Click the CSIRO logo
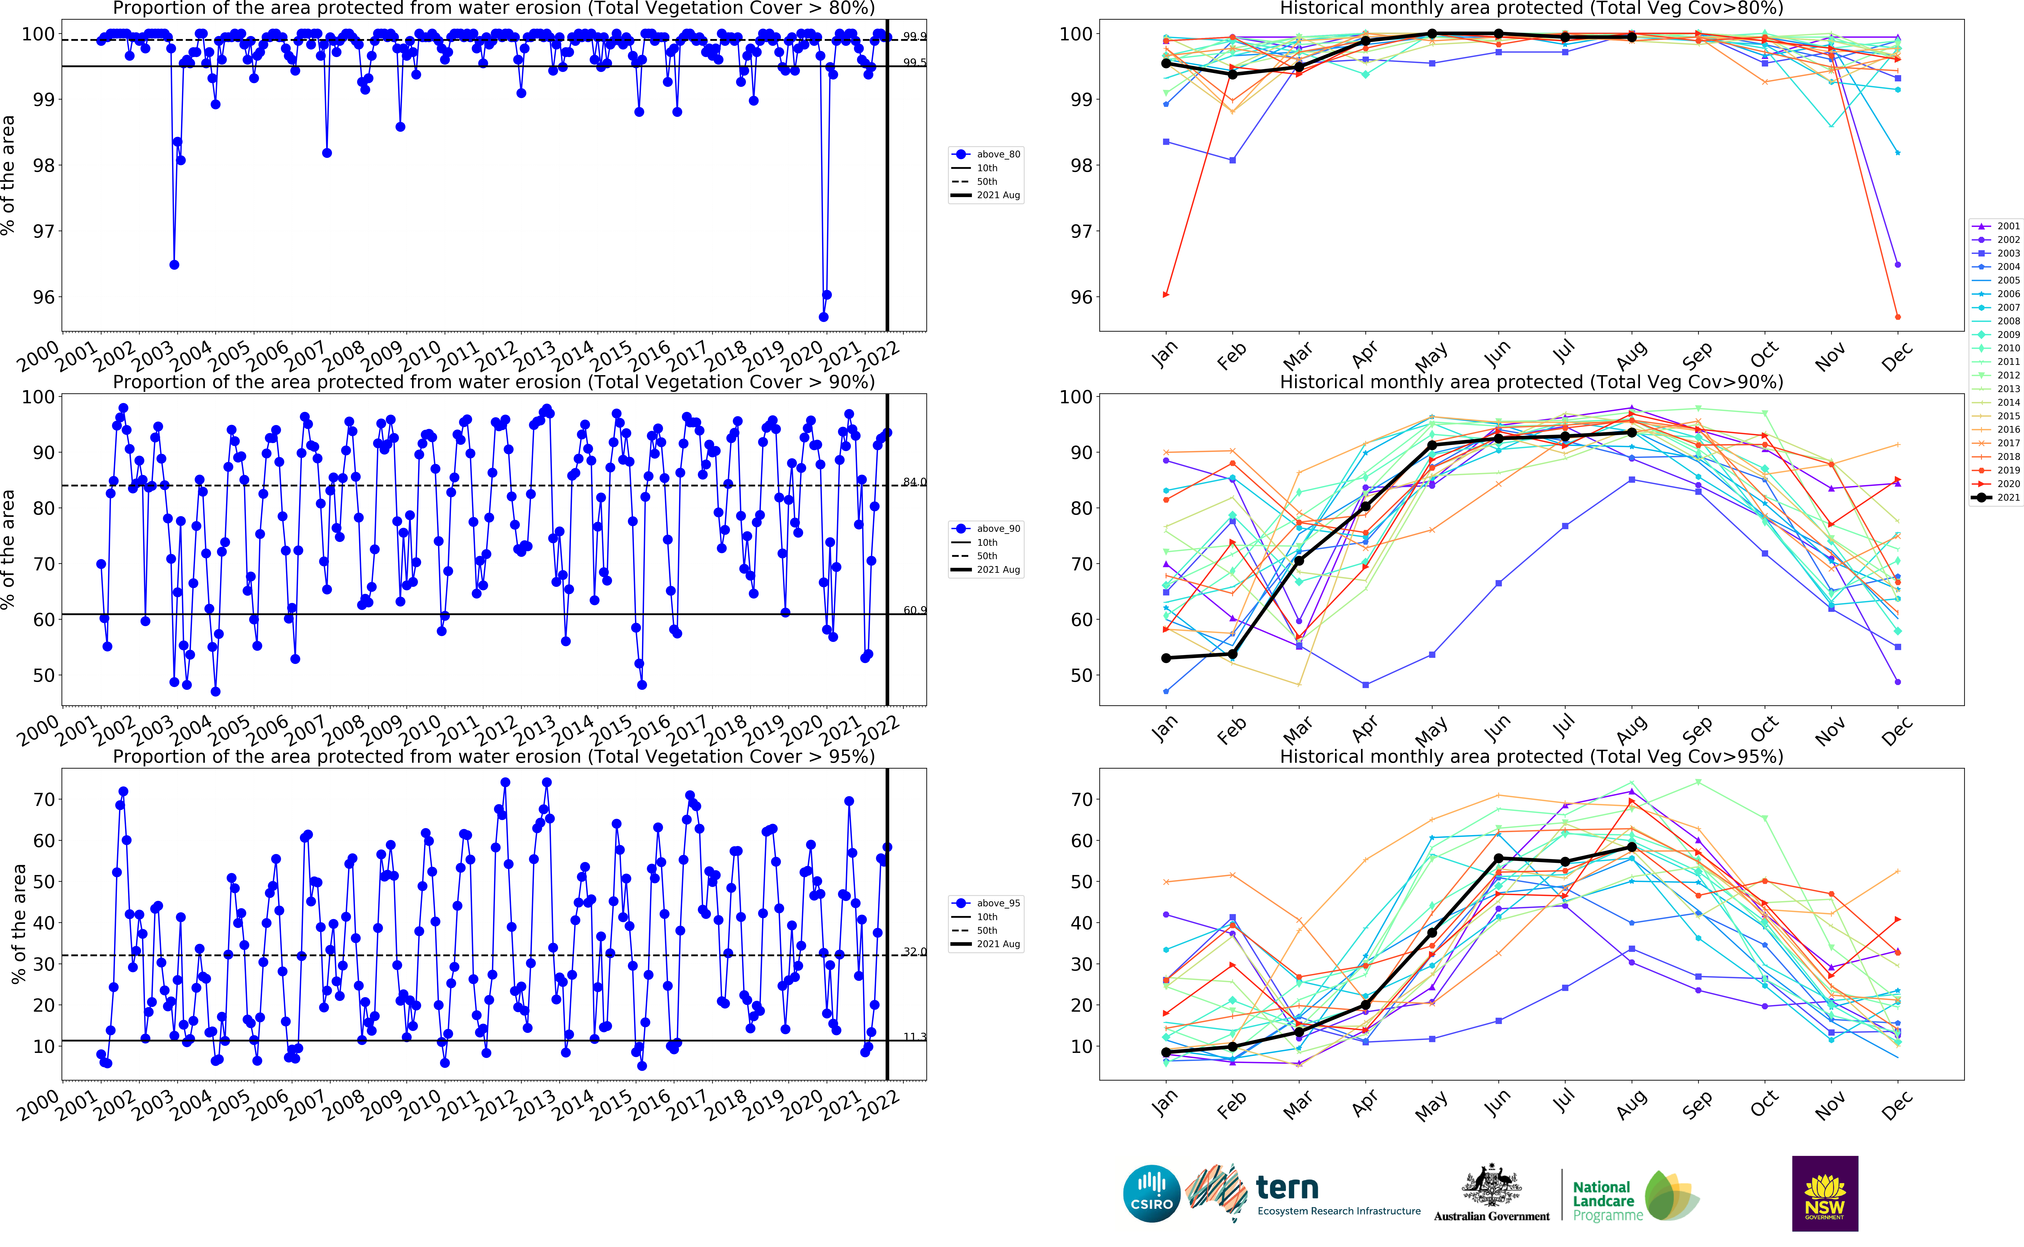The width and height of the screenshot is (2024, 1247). (1151, 1193)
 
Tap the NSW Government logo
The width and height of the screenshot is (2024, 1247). (1824, 1193)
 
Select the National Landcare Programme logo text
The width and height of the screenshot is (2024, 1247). (1602, 1201)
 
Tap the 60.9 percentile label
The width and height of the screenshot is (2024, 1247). (914, 610)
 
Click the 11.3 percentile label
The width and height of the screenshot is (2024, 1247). (914, 1037)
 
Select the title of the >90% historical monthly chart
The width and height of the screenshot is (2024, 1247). (1531, 382)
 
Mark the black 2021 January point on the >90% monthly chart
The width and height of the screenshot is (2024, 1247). (1165, 658)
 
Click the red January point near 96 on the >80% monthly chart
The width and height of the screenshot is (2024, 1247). (1165, 294)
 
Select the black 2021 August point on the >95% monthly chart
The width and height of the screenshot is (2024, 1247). (1631, 847)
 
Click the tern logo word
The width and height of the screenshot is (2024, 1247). (1287, 1188)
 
